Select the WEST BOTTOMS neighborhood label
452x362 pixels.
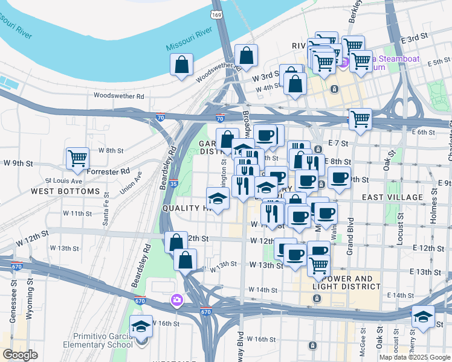point(65,191)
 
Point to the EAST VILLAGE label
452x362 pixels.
point(392,197)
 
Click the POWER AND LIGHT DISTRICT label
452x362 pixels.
point(343,283)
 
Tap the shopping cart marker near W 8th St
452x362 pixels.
point(78,159)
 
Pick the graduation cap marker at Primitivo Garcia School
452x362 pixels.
point(141,326)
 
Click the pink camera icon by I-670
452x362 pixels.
point(176,300)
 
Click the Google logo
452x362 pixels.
point(20,355)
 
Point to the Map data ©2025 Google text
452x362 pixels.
point(415,357)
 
